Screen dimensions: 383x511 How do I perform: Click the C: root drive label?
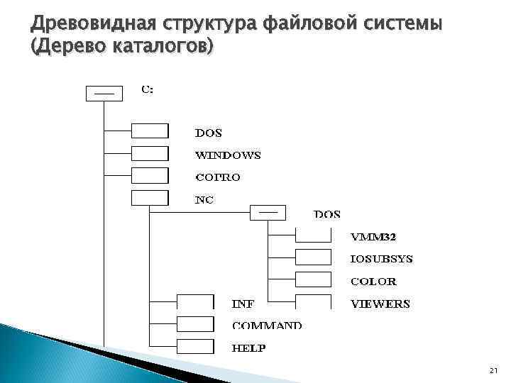[x=147, y=89]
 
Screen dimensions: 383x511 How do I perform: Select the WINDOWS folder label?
[x=228, y=155]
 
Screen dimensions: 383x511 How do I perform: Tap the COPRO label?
[x=217, y=177]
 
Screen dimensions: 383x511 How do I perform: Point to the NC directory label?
[x=204, y=200]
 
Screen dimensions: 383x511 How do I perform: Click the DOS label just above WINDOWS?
[x=209, y=133]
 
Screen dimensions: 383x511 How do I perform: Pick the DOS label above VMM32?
[x=326, y=214]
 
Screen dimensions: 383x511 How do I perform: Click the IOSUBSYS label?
[x=381, y=259]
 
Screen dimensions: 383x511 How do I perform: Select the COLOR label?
[x=373, y=281]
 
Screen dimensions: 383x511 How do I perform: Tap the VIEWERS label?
[x=380, y=304]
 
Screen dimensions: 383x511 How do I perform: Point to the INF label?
[x=243, y=304]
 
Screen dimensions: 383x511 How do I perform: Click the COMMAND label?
[x=266, y=326]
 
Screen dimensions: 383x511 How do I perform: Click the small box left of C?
[x=104, y=93]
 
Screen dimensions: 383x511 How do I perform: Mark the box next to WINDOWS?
[x=150, y=154]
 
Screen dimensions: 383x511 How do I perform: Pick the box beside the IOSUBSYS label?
[x=313, y=257]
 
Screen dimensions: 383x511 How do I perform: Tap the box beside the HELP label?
[x=195, y=346]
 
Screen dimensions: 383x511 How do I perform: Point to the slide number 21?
[x=494, y=371]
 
